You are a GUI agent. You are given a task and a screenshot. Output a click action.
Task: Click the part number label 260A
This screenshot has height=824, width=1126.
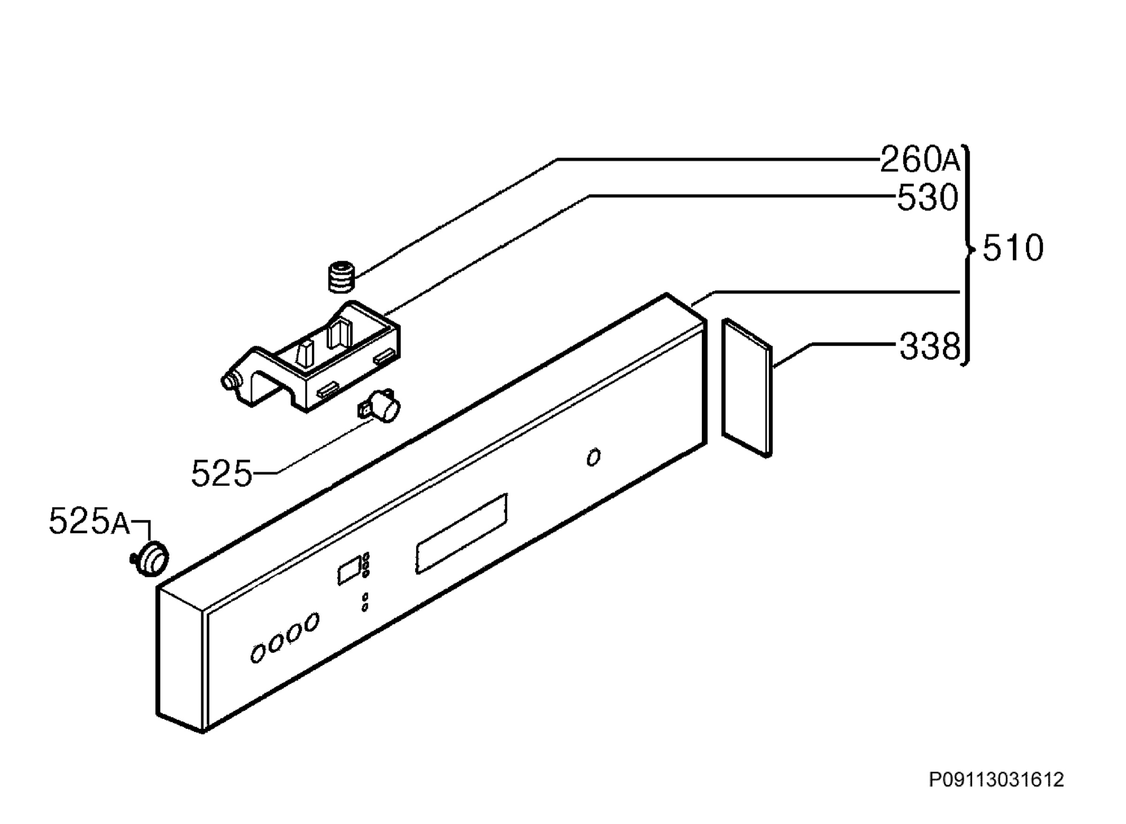point(920,160)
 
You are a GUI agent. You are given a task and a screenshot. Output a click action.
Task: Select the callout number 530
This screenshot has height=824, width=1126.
point(928,198)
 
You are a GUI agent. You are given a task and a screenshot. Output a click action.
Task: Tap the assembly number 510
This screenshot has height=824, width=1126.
point(1013,248)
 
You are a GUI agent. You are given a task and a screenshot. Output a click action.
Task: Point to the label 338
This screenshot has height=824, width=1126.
point(929,347)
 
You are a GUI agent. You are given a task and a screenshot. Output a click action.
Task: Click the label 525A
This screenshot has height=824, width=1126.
point(89,521)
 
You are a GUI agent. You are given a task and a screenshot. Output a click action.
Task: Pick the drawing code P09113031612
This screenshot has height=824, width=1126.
point(997,779)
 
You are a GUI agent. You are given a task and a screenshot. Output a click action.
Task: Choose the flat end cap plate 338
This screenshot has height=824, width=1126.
point(746,387)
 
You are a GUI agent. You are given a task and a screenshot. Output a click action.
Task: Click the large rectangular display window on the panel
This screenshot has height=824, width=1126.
point(461,534)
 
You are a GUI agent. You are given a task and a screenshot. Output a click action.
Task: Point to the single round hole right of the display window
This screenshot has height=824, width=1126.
point(593,457)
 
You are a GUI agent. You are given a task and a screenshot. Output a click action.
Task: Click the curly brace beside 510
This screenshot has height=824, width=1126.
point(967,255)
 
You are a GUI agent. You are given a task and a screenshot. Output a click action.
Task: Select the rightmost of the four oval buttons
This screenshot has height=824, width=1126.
point(312,623)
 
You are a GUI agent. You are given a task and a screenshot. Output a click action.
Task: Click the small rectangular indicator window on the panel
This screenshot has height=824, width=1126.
point(350,570)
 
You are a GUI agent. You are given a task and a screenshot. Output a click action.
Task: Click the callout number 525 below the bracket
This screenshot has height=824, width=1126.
point(222,473)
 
